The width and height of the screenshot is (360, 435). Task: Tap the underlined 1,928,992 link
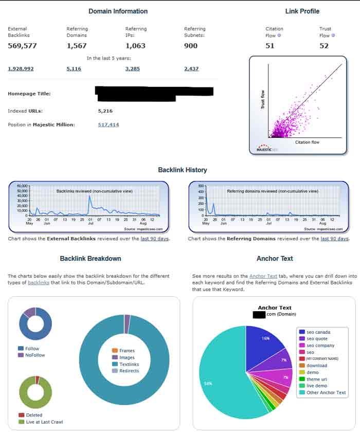(x=21, y=68)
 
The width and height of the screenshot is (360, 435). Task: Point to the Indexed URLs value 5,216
(x=105, y=111)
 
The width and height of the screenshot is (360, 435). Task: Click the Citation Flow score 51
(x=270, y=46)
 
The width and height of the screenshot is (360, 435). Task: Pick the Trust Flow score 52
(x=324, y=46)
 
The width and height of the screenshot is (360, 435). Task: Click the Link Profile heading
(x=302, y=11)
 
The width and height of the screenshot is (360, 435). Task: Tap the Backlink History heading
(x=183, y=170)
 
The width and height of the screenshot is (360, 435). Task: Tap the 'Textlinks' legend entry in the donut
(x=129, y=364)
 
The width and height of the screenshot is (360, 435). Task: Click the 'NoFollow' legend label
(x=35, y=355)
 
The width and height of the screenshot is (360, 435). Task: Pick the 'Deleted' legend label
(x=33, y=415)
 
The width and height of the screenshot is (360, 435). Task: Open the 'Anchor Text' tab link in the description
(x=263, y=276)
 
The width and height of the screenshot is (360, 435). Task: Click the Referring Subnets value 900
(x=191, y=46)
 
